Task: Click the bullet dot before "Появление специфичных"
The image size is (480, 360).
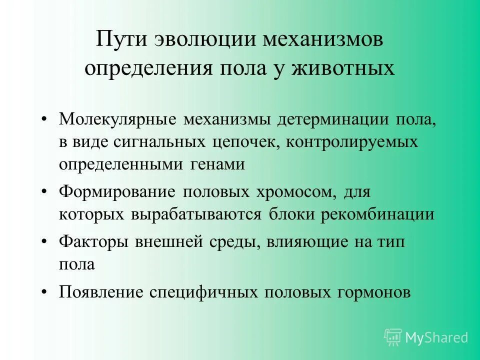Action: pos(45,291)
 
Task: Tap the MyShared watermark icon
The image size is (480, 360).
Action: pos(393,337)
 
